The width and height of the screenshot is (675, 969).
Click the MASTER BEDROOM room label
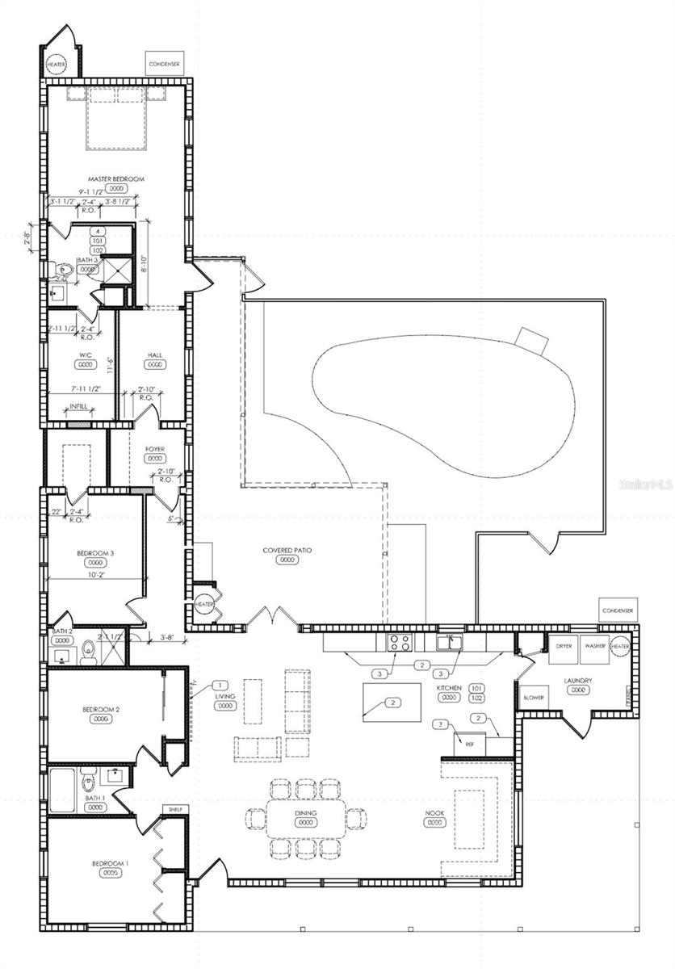click(116, 178)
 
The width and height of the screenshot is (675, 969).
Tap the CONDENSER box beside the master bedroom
click(164, 61)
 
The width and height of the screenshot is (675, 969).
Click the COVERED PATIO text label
click(287, 550)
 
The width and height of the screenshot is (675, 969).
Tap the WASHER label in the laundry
click(596, 647)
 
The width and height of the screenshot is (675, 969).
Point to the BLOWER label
click(533, 698)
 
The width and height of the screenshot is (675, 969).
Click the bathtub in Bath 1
click(64, 790)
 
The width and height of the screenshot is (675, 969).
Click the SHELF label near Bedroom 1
click(174, 809)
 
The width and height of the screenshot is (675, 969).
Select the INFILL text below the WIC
click(78, 406)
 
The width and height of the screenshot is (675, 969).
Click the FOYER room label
click(155, 448)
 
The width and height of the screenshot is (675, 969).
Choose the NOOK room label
click(435, 813)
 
